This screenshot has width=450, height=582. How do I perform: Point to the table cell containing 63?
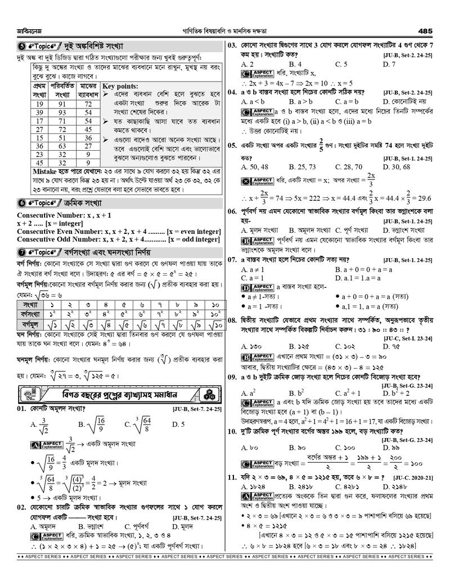[x=64, y=146]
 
